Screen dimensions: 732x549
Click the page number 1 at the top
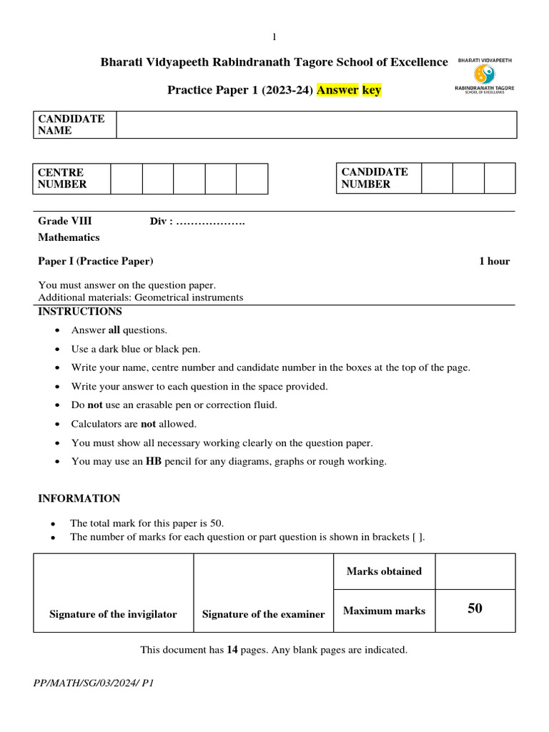pos(274,37)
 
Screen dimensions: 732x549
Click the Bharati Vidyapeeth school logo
pos(485,74)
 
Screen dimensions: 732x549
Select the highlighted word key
pos(371,90)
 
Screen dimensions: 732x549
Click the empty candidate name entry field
pos(316,124)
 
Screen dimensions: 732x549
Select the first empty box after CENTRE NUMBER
pos(126,179)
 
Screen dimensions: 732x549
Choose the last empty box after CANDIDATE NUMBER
pos(499,178)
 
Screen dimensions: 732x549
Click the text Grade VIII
pos(65,222)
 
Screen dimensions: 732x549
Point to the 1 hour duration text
pos(494,261)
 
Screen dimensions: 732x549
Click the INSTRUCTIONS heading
pos(80,312)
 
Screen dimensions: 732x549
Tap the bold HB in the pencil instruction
pos(154,461)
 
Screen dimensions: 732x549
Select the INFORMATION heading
pos(79,498)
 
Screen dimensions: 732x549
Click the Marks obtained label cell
pos(384,571)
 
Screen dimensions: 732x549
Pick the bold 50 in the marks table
pos(475,609)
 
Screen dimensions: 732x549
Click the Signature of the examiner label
pos(263,614)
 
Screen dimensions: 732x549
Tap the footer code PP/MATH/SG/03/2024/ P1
pos(94,683)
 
